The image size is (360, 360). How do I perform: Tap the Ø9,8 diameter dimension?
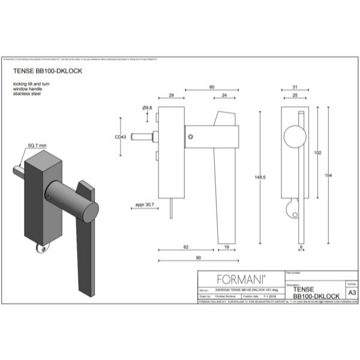148,107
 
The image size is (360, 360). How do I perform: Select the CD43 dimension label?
120,137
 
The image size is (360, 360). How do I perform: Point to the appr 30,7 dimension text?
143,206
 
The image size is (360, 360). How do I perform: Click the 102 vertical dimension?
319,152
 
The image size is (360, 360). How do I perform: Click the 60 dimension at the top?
211,88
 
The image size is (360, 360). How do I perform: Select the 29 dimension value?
172,95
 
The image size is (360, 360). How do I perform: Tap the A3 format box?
352,291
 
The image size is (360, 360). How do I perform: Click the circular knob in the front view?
296,137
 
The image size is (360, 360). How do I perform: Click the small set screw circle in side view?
190,137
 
